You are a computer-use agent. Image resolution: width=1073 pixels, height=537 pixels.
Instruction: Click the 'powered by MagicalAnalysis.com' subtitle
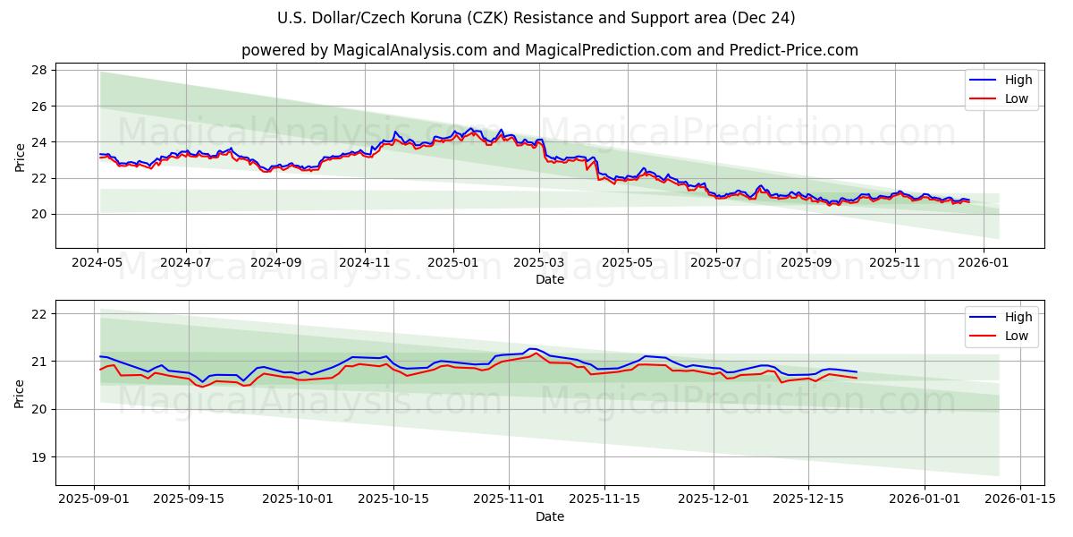(549, 50)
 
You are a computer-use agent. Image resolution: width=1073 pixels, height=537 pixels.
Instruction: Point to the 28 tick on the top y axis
(40, 70)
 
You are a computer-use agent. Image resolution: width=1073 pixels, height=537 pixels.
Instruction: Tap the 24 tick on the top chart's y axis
(40, 142)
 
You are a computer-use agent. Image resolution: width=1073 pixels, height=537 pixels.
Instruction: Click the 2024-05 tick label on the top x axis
(97, 263)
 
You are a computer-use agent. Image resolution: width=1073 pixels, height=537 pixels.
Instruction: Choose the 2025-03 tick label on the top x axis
(539, 263)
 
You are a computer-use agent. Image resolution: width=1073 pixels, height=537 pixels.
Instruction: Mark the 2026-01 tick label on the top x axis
(984, 263)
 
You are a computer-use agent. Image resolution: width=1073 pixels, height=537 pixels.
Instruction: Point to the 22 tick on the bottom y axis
(40, 314)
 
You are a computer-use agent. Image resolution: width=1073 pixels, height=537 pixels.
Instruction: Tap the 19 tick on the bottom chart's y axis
(40, 457)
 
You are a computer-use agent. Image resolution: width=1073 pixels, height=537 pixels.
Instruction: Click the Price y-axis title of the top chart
(20, 158)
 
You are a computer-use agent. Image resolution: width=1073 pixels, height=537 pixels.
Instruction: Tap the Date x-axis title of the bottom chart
(549, 516)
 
